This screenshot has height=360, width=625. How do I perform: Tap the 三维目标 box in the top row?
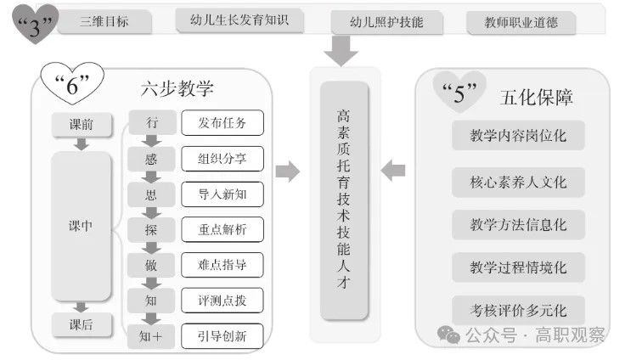click(104, 22)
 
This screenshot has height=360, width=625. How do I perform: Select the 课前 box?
click(82, 125)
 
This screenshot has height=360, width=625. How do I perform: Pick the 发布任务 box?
click(222, 122)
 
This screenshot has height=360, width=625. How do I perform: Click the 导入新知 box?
click(222, 194)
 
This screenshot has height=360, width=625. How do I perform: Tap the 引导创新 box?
click(222, 336)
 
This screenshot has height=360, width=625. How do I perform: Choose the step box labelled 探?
click(151, 229)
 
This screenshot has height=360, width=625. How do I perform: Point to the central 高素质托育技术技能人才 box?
click(344, 200)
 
